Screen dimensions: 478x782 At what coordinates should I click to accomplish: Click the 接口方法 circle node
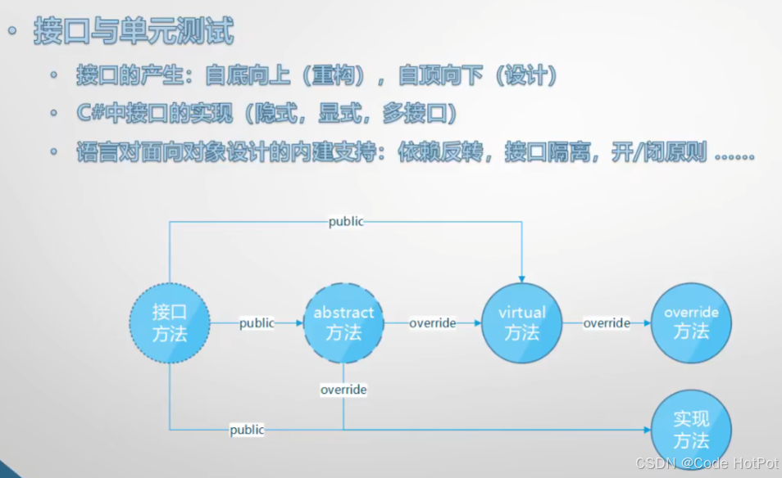pyautogui.click(x=170, y=323)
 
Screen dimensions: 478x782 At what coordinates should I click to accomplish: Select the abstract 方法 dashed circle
pyautogui.click(x=343, y=323)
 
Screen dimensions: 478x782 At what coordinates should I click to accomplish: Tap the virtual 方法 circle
pyautogui.click(x=522, y=323)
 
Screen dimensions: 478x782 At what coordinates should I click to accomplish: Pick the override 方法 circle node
pyautogui.click(x=691, y=323)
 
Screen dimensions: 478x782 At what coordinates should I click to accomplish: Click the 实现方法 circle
pyautogui.click(x=691, y=430)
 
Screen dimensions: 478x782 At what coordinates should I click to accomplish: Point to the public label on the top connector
pyautogui.click(x=346, y=222)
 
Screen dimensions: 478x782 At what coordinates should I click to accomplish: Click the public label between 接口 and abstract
pyautogui.click(x=257, y=323)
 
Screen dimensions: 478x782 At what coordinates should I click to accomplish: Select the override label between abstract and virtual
pyautogui.click(x=433, y=323)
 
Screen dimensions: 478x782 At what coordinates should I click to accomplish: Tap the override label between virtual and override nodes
pyautogui.click(x=607, y=323)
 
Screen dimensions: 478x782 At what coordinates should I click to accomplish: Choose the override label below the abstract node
pyautogui.click(x=343, y=390)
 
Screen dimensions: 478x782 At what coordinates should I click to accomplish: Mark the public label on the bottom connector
pyautogui.click(x=247, y=430)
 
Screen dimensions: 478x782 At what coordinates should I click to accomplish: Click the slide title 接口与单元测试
pyautogui.click(x=134, y=31)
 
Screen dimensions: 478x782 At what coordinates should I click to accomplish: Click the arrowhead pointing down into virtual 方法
pyautogui.click(x=522, y=278)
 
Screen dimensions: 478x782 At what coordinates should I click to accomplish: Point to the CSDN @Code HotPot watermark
pyautogui.click(x=707, y=462)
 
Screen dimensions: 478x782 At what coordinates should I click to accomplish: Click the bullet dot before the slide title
pyautogui.click(x=13, y=32)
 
